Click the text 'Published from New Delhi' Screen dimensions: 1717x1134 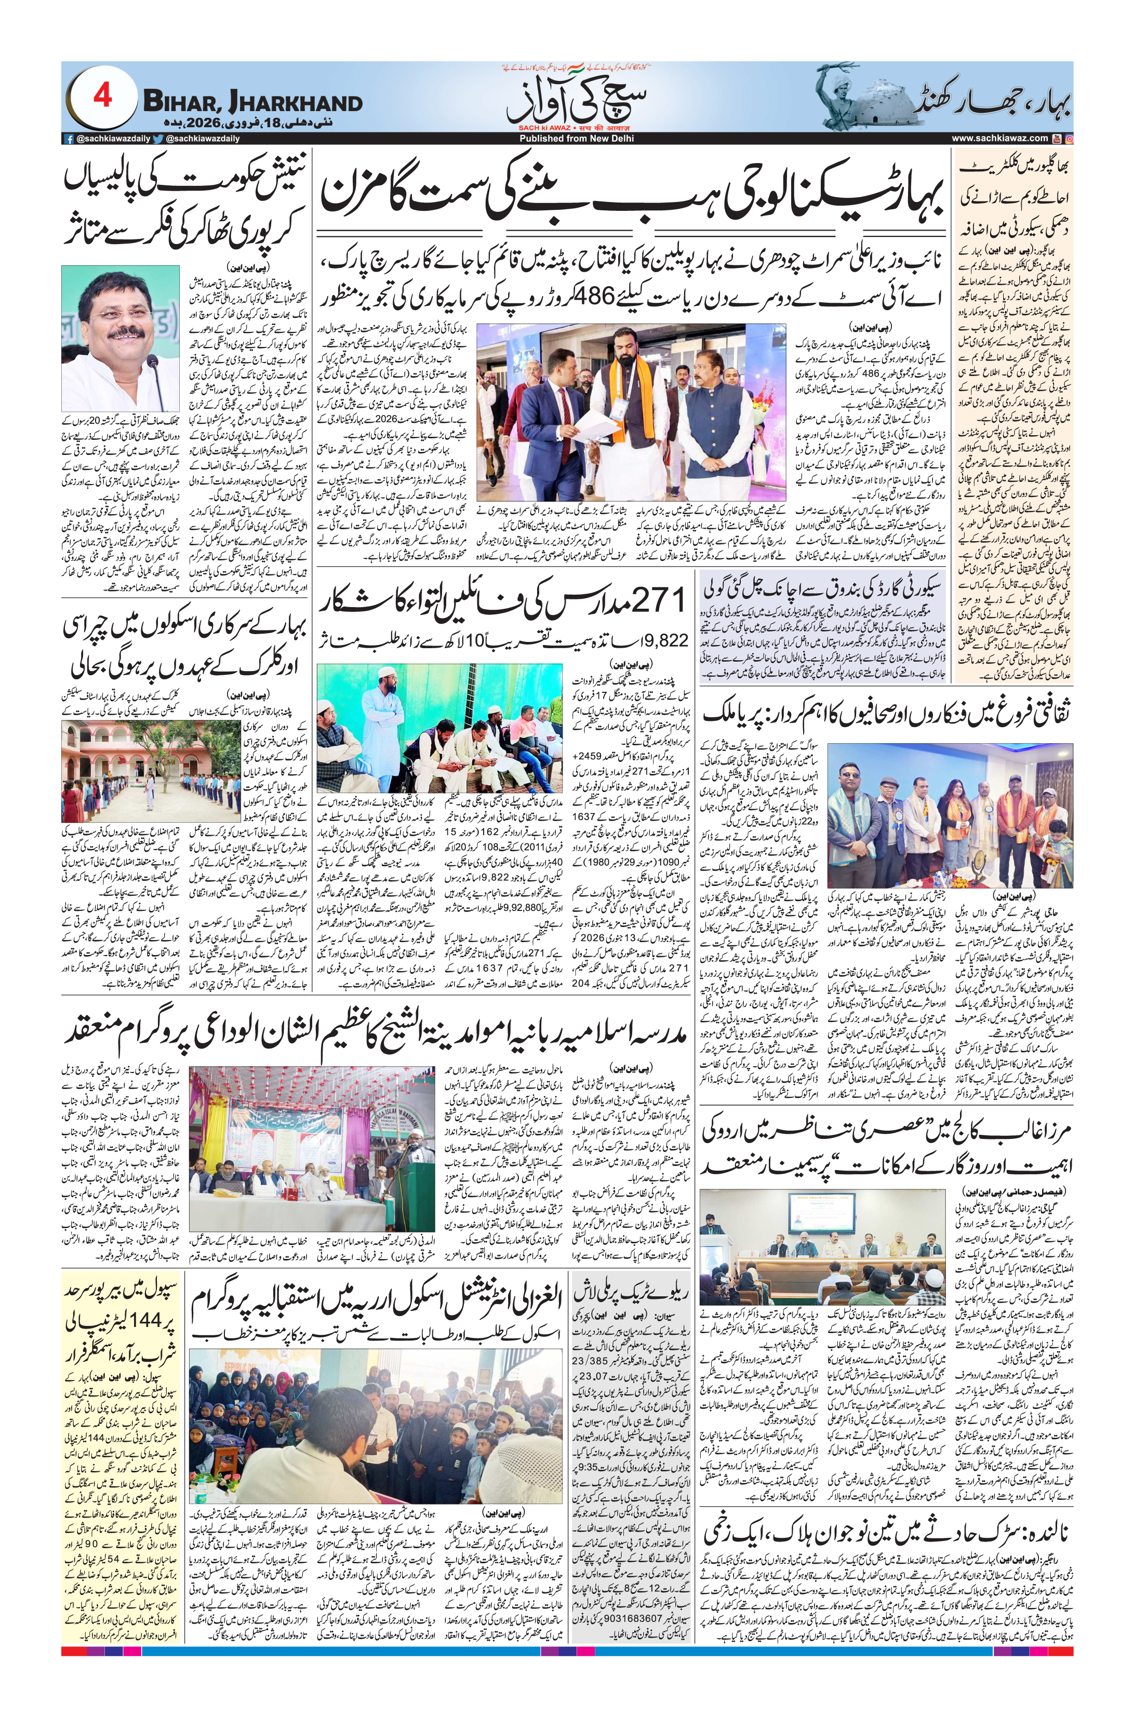(577, 138)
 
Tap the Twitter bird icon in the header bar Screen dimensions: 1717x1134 (158, 138)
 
